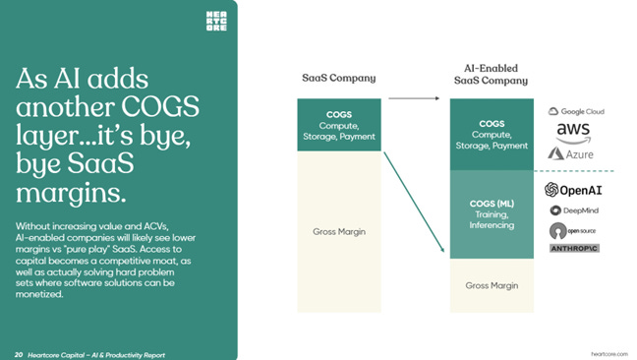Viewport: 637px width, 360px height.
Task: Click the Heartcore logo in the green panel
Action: coord(215,21)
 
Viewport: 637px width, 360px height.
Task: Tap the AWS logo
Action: coord(573,131)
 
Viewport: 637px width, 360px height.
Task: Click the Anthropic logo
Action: coord(574,248)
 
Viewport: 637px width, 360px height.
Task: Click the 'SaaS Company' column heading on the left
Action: coord(337,78)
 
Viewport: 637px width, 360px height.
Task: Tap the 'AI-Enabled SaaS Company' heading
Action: coord(490,74)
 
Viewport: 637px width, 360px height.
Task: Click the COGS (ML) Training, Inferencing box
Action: coord(492,213)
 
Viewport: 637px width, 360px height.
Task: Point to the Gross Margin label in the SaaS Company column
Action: coord(337,231)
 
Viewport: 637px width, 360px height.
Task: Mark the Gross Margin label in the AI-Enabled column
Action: coord(492,285)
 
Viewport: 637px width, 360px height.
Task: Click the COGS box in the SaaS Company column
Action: coord(337,125)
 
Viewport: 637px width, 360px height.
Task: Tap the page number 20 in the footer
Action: coord(19,352)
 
